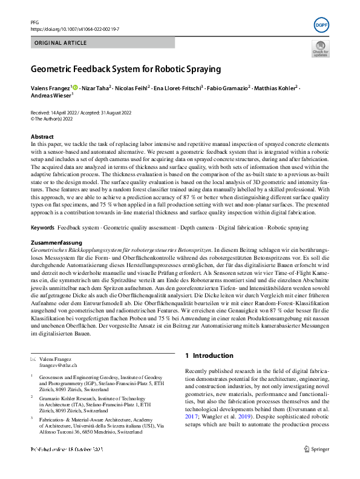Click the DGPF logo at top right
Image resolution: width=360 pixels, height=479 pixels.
(322, 25)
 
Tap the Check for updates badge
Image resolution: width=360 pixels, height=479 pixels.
(320, 49)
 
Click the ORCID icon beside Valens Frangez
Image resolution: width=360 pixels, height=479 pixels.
(75, 88)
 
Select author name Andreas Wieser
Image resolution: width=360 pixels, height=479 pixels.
(50, 96)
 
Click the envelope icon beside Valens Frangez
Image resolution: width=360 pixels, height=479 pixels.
(33, 360)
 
